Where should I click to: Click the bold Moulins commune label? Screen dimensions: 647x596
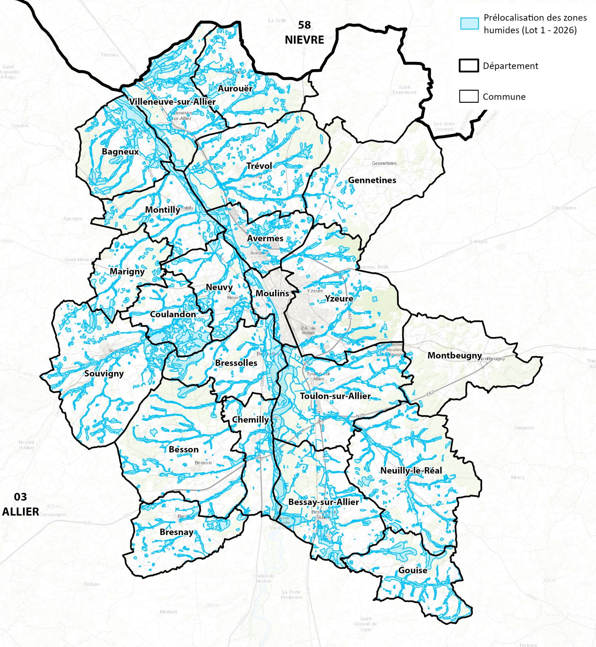click(272, 293)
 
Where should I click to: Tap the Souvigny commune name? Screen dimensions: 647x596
click(104, 373)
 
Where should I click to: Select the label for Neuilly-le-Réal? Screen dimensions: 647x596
click(411, 470)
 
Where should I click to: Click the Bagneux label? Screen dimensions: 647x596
click(120, 152)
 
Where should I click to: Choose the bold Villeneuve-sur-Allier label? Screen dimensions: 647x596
click(172, 102)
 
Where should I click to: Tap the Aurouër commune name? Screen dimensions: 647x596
click(235, 88)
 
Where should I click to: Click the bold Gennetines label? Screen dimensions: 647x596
click(372, 180)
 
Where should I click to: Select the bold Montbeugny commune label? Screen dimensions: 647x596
click(454, 355)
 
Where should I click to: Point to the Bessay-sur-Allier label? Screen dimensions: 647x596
click(323, 502)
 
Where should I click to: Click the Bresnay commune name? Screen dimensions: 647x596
click(176, 532)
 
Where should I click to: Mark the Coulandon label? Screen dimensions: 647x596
click(173, 314)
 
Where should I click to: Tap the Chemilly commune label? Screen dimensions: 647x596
click(250, 420)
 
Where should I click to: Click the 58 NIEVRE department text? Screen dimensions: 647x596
click(304, 33)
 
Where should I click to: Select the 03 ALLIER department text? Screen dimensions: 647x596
click(20, 504)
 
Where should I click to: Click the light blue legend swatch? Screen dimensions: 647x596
click(469, 23)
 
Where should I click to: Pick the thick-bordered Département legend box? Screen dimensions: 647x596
click(468, 66)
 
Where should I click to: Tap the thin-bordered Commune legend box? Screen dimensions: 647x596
click(468, 96)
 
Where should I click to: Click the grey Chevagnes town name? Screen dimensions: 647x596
click(564, 208)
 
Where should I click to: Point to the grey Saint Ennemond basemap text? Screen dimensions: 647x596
click(404, 90)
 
